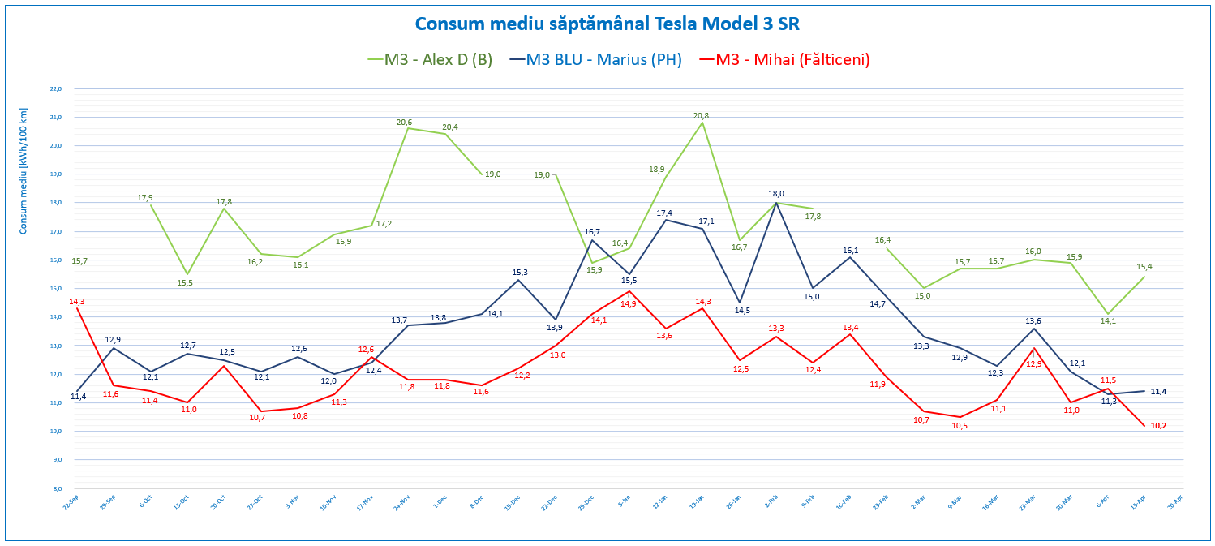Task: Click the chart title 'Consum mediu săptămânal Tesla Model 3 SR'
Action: tap(607, 24)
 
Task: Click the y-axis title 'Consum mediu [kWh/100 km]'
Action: tap(24, 170)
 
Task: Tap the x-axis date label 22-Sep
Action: tap(71, 503)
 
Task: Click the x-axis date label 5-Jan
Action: tap(625, 503)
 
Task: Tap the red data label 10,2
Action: tap(1158, 426)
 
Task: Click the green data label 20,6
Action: tap(404, 123)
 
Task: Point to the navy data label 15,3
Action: tap(520, 272)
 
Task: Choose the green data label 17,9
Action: tap(145, 198)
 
